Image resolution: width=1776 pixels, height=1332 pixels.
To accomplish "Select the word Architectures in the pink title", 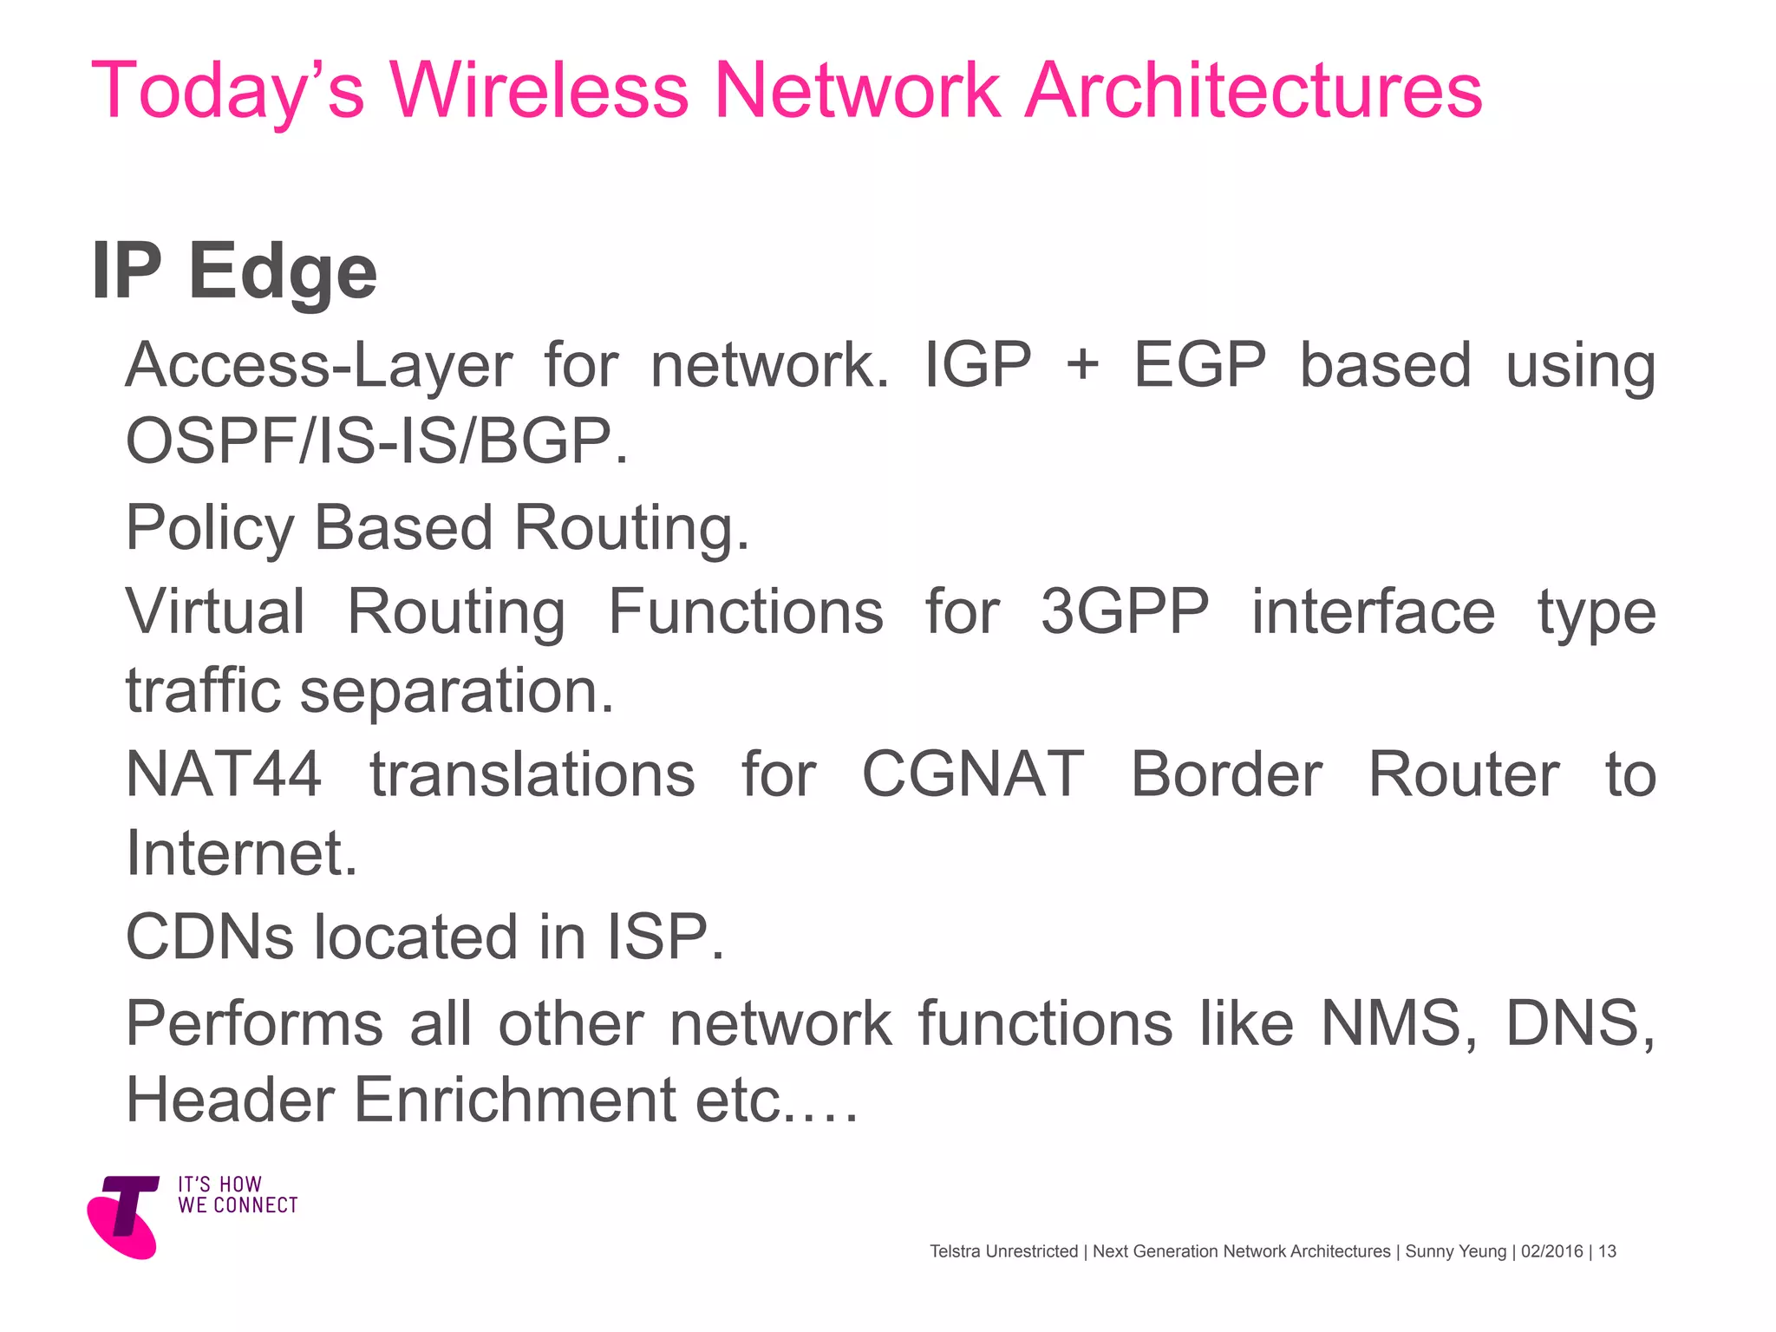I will pyautogui.click(x=1253, y=91).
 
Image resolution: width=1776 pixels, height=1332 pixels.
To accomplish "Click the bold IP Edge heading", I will pyautogui.click(x=234, y=271).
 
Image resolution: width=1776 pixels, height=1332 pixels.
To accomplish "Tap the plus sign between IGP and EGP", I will pyautogui.click(x=1082, y=364).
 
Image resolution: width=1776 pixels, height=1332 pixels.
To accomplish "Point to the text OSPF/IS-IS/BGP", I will pyautogui.click(x=376, y=441).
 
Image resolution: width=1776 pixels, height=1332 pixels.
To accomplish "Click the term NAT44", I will pyautogui.click(x=224, y=774).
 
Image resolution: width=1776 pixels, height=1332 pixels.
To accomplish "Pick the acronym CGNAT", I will pyautogui.click(x=972, y=774).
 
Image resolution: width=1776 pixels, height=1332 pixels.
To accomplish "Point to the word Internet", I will pyautogui.click(x=241, y=853).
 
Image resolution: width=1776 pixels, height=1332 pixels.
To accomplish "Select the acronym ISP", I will pyautogui.click(x=664, y=937).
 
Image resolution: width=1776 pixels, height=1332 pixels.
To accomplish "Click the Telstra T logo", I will pyautogui.click(x=126, y=1216).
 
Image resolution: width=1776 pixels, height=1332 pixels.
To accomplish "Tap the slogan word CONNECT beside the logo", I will pyautogui.click(x=256, y=1206).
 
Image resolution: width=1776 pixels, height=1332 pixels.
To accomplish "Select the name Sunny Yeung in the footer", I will pyautogui.click(x=1455, y=1251).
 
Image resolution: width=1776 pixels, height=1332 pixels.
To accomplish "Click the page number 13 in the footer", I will pyautogui.click(x=1607, y=1251).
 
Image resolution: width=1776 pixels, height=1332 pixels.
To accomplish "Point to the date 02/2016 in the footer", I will pyautogui.click(x=1551, y=1251).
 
